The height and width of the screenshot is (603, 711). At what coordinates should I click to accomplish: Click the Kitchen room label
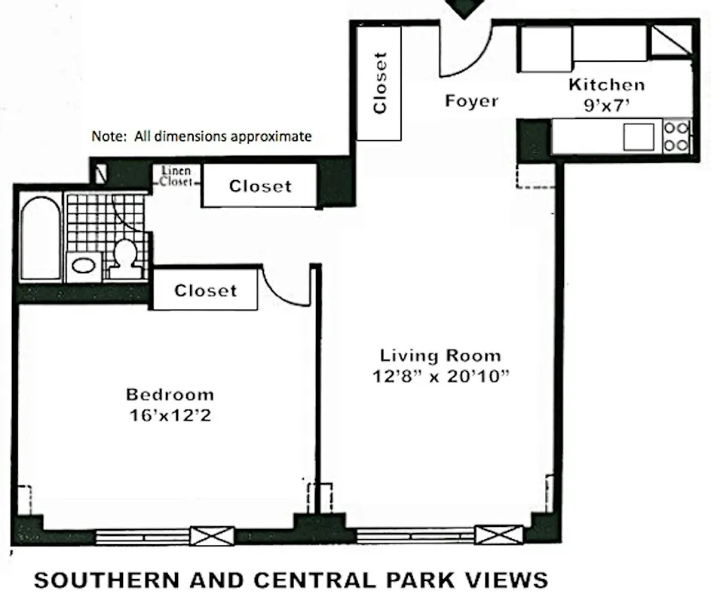[x=606, y=84]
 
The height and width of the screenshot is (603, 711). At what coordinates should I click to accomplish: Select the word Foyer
[x=471, y=100]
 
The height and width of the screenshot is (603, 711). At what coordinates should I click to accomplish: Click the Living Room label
[x=440, y=356]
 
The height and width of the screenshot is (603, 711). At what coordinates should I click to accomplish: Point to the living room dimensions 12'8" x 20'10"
[x=440, y=376]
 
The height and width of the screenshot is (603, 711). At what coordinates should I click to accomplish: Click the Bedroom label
[x=170, y=394]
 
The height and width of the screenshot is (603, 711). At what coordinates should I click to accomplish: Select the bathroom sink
[x=81, y=265]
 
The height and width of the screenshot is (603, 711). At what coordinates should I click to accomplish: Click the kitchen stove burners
[x=676, y=136]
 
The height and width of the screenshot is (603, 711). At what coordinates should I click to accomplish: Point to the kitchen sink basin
[x=638, y=136]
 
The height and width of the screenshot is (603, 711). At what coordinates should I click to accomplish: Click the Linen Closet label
[x=175, y=176]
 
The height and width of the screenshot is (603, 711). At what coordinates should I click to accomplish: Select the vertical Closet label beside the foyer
[x=380, y=82]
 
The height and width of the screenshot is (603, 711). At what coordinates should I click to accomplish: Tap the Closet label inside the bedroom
[x=205, y=290]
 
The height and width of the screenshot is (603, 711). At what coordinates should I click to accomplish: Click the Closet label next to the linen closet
[x=260, y=186]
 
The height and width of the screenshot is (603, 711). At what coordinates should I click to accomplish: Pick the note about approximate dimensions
[x=201, y=136]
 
